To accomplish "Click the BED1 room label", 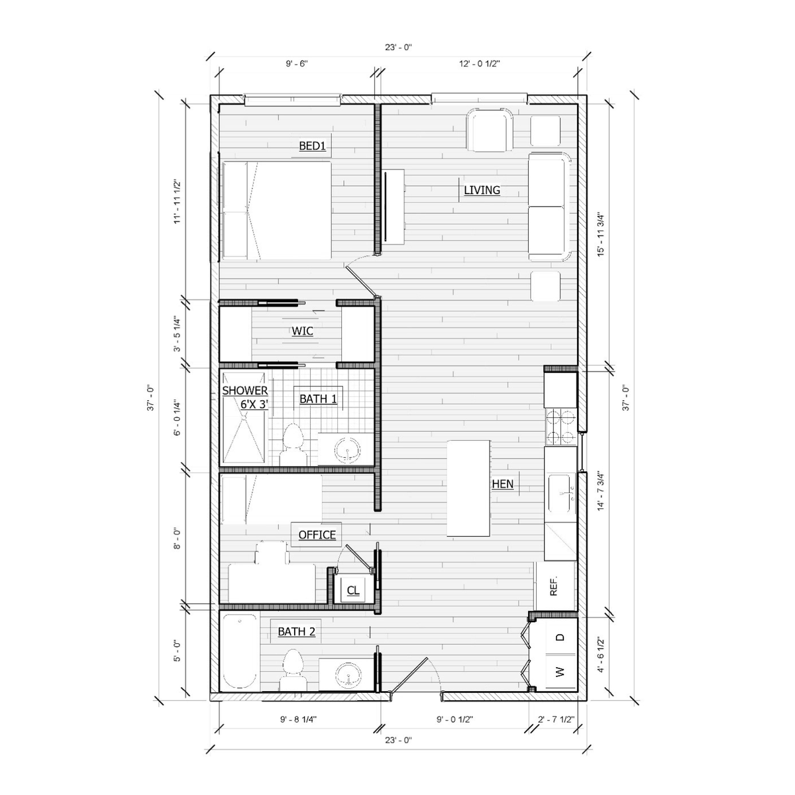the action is click(x=312, y=146).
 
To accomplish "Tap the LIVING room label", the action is click(x=482, y=190).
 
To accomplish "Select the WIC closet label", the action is click(x=302, y=331).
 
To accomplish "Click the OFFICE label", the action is click(x=317, y=535).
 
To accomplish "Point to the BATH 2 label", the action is click(x=296, y=631).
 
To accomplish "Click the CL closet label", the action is click(x=353, y=590).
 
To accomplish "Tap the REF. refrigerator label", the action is click(x=554, y=586).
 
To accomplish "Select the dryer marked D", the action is click(x=560, y=637).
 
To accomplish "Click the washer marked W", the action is click(x=560, y=672).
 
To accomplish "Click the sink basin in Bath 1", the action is click(x=346, y=449).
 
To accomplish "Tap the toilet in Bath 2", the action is click(x=293, y=670).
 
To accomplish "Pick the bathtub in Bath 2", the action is click(x=240, y=652).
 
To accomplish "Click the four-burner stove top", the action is click(x=560, y=426).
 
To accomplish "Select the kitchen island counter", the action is click(x=468, y=488).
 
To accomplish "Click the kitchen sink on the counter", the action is click(x=561, y=494).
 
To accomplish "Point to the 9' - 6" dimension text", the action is click(x=297, y=64).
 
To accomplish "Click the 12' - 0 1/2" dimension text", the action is click(x=480, y=64).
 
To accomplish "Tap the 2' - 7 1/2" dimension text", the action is click(x=556, y=719).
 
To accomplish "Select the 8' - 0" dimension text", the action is click(x=177, y=539).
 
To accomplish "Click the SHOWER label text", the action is click(x=245, y=390).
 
